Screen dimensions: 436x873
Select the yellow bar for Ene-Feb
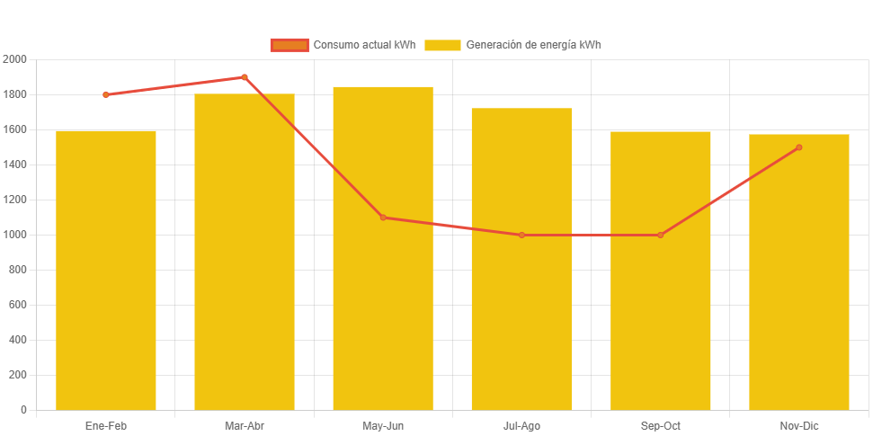(106, 270)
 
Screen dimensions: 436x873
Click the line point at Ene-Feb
(106, 94)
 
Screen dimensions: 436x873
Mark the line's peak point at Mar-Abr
(245, 77)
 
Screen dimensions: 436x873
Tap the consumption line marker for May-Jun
(383, 218)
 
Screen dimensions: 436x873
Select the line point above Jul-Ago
(521, 235)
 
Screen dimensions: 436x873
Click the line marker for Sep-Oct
(660, 235)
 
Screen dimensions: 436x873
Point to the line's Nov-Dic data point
(799, 147)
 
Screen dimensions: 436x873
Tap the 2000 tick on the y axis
(15, 59)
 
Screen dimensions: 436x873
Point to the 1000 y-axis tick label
(15, 235)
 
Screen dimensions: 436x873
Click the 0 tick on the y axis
(23, 410)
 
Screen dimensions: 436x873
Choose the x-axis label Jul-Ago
(521, 426)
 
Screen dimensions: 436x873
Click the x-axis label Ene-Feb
(106, 426)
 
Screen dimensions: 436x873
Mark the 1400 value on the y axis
(15, 165)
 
